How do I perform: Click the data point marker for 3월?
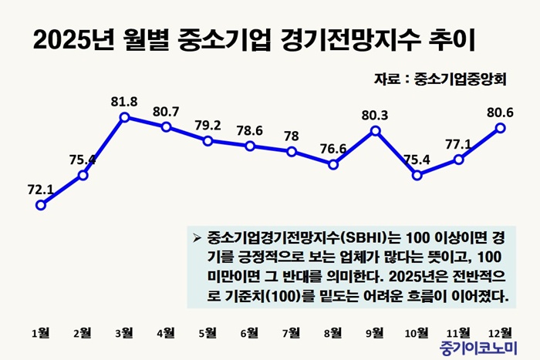click(125, 117)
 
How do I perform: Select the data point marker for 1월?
click(41, 205)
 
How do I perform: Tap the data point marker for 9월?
click(376, 130)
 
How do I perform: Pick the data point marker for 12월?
click(501, 127)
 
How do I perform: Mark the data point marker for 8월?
click(333, 163)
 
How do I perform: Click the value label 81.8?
click(124, 101)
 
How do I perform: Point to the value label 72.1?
click(41, 188)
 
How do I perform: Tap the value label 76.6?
click(333, 148)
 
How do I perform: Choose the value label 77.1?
click(459, 143)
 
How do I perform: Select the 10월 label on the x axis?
click(417, 333)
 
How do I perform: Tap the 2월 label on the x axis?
click(83, 333)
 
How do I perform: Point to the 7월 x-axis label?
click(292, 333)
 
